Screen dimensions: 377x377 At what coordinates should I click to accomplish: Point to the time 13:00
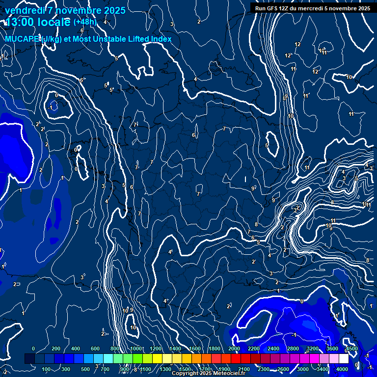(x=21, y=23)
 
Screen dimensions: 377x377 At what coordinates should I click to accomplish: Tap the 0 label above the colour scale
(x=33, y=349)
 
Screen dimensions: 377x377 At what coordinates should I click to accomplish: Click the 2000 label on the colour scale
(x=234, y=349)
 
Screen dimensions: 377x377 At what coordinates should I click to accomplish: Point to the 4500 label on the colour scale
(x=352, y=349)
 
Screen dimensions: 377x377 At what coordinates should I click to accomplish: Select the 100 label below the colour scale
(x=47, y=369)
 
